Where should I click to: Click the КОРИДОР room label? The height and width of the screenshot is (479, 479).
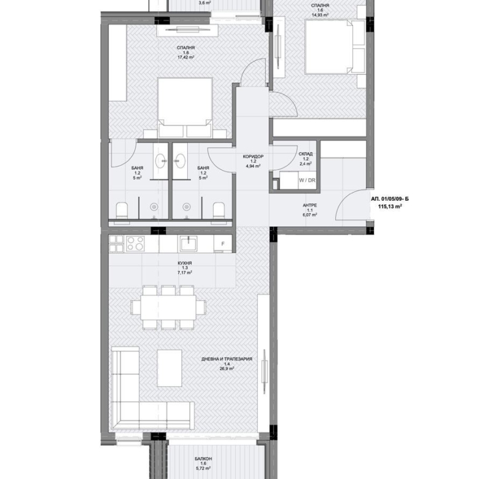click(253, 157)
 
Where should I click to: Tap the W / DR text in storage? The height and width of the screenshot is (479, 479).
click(307, 180)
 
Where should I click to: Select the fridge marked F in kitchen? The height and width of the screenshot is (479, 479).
click(223, 244)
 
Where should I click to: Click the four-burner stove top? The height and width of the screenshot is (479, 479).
click(135, 243)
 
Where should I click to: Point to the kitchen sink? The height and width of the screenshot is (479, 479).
click(188, 243)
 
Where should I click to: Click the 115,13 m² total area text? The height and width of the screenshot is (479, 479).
click(390, 206)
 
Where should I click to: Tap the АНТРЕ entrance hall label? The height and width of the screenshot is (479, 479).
click(310, 205)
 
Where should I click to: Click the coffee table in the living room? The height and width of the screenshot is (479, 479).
click(169, 368)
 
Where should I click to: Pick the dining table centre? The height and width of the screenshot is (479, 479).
click(168, 307)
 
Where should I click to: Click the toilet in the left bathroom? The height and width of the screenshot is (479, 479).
click(122, 211)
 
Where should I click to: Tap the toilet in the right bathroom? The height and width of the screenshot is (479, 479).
click(219, 211)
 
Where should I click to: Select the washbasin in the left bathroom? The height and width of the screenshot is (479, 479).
click(161, 161)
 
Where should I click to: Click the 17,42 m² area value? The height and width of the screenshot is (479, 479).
click(185, 57)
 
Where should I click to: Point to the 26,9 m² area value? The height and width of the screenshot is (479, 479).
click(227, 368)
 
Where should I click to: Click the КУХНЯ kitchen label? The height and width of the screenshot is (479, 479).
click(185, 263)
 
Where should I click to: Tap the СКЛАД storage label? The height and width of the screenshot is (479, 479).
click(305, 154)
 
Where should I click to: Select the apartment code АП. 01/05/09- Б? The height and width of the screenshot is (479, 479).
click(390, 199)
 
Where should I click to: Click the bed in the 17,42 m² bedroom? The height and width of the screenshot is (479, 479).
click(185, 107)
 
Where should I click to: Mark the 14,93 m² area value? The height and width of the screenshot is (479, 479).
click(320, 15)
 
